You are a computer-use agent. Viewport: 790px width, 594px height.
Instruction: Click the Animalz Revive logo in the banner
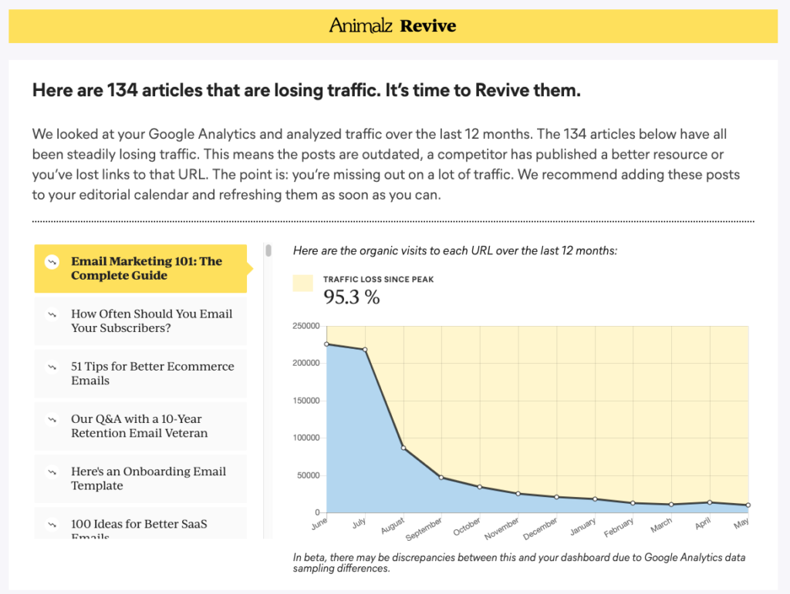click(x=393, y=26)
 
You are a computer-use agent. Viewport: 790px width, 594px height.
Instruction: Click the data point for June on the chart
click(x=327, y=344)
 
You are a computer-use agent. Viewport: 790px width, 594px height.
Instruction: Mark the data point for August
click(x=403, y=448)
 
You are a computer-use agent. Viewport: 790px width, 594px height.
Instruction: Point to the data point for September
click(x=441, y=478)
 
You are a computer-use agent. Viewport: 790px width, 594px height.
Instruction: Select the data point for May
click(x=748, y=505)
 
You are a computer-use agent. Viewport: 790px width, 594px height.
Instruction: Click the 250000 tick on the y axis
click(x=306, y=327)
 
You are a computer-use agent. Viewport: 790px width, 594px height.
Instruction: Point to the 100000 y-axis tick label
click(x=306, y=438)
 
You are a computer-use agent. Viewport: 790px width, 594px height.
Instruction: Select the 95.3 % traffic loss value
click(x=351, y=297)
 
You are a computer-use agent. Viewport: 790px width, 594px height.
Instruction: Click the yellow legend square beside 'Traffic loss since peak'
click(x=303, y=284)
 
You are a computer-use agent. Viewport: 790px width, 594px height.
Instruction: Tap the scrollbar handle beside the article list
click(x=268, y=250)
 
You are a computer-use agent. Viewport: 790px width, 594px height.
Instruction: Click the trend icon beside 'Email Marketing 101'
click(x=52, y=261)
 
